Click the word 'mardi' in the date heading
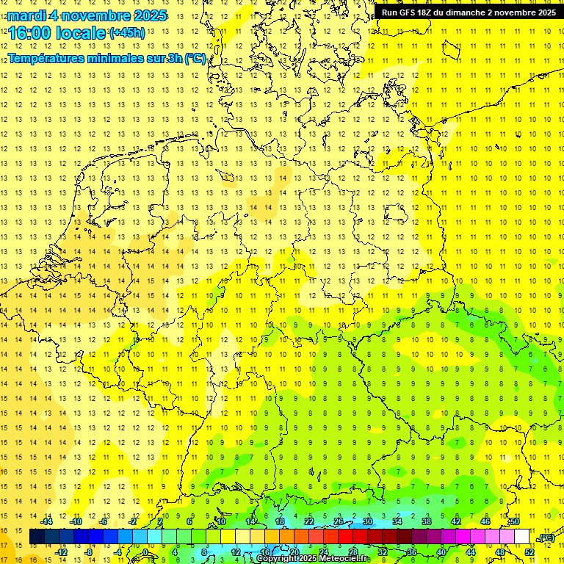pos(25,15)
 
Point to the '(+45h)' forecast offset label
pos(127,33)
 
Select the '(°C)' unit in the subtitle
pos(195,59)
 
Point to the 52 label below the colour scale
pos(529,552)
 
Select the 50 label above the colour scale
pos(515,521)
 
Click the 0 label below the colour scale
pos(145,552)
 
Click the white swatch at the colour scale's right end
pos(522,537)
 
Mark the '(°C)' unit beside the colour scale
pos(546,538)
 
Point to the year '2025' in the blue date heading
pos(151,15)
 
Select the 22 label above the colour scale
pos(309,521)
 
